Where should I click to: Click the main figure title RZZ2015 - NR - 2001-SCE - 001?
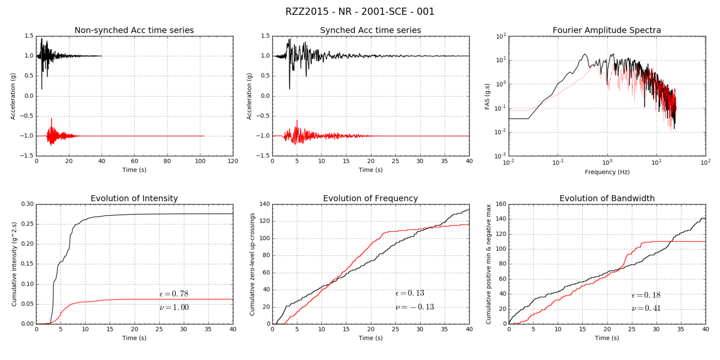click(360, 11)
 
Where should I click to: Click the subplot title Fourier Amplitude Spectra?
click(607, 30)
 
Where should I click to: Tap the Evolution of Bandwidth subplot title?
click(607, 198)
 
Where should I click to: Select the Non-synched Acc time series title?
click(134, 30)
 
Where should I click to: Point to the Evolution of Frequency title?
click(370, 198)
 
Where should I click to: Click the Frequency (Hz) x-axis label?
click(607, 172)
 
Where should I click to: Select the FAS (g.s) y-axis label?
click(487, 96)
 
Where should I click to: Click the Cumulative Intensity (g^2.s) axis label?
click(14, 264)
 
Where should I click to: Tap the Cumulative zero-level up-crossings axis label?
click(252, 264)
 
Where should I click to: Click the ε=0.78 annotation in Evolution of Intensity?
click(174, 294)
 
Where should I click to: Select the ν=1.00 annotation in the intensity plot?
click(174, 307)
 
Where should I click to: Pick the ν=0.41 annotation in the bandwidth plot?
click(646, 309)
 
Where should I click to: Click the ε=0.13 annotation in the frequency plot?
click(409, 293)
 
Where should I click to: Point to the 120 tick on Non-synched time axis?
click(233, 161)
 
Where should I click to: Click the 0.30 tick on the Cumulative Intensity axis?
click(27, 204)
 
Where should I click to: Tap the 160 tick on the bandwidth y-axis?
click(500, 204)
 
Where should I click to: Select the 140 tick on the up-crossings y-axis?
click(265, 204)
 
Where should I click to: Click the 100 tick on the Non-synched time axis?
click(200, 161)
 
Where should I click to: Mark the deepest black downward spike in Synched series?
click(289, 88)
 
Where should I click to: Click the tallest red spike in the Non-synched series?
click(52, 119)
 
